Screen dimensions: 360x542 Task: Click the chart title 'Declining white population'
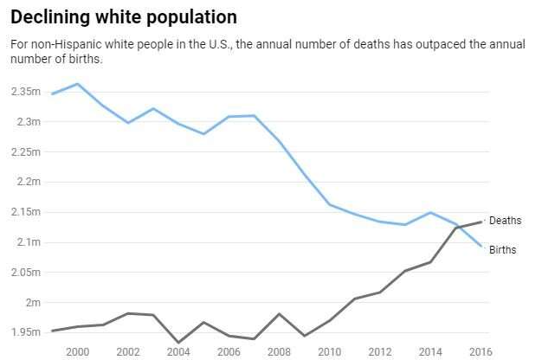click(123, 17)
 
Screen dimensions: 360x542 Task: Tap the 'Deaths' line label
click(506, 221)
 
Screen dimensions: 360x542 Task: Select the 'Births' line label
click(504, 250)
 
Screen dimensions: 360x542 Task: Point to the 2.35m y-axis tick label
click(27, 91)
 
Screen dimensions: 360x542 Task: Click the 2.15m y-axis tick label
click(27, 212)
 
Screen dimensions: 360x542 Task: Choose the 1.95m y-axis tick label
click(27, 332)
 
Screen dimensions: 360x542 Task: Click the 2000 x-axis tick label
click(77, 350)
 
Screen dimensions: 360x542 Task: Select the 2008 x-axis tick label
click(279, 350)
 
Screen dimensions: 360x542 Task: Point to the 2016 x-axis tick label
click(481, 350)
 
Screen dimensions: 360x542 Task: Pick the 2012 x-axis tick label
click(380, 350)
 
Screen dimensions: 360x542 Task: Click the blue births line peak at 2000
click(78, 84)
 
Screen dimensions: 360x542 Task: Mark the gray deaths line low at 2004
click(178, 343)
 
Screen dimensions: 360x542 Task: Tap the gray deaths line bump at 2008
click(279, 313)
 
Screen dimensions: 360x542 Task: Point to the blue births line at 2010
click(330, 204)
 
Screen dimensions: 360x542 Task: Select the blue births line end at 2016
click(481, 246)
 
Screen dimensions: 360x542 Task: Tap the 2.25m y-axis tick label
click(27, 151)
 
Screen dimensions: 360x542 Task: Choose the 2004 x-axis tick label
click(178, 350)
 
